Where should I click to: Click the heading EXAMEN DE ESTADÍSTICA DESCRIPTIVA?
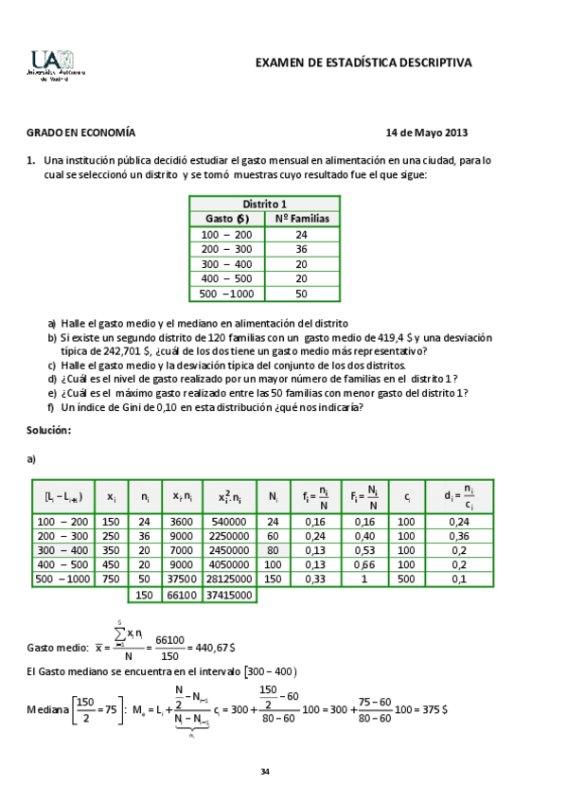point(363,62)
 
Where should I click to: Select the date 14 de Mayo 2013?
point(427,134)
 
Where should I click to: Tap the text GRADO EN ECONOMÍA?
point(80,134)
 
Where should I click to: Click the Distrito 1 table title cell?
point(264,204)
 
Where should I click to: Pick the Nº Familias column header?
point(302,219)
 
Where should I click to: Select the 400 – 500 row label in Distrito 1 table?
point(226,279)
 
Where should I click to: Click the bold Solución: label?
point(48,431)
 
